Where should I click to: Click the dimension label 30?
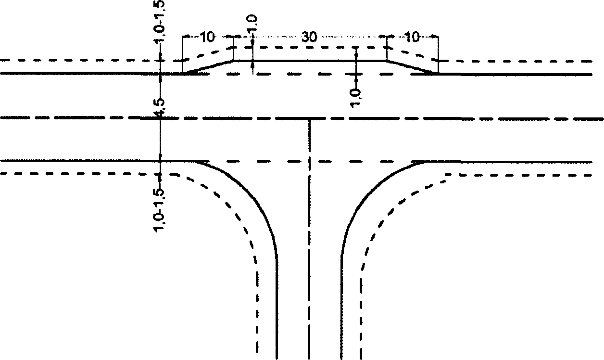pos(310,37)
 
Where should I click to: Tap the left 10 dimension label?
pos(206,37)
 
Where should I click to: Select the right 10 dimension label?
pos(412,37)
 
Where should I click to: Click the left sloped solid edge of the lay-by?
pos(208,67)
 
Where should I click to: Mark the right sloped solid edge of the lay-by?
pos(413,67)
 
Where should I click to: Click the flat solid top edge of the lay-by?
pos(310,61)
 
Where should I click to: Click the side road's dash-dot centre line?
pos(310,241)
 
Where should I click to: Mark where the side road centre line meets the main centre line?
pos(310,118)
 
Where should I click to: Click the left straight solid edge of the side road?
pos(277,308)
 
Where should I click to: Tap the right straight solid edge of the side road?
pos(342,308)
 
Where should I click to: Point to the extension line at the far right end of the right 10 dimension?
pos(438,53)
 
